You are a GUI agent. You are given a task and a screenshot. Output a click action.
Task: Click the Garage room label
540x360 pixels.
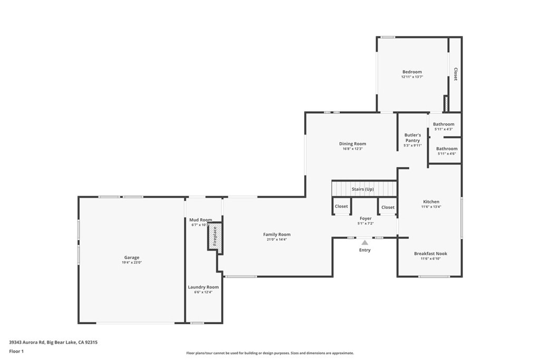131,257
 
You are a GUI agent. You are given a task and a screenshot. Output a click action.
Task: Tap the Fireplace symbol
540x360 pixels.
215,236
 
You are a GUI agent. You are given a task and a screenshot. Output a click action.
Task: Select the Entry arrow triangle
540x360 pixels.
365,242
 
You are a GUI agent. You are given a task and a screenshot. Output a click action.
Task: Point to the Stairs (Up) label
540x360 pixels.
363,189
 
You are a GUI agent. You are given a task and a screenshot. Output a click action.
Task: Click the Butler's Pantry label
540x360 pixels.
412,138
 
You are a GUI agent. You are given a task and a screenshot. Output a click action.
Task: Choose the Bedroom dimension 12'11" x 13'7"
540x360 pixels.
412,77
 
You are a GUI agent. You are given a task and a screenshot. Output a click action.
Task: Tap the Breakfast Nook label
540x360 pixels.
430,254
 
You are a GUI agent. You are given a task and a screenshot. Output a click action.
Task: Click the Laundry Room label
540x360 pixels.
203,287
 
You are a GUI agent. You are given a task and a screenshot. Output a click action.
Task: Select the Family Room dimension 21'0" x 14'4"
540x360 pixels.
276,239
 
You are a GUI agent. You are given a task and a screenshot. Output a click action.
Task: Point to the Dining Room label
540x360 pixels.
353,144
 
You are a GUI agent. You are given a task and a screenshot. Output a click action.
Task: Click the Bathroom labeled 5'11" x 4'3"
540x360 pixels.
443,124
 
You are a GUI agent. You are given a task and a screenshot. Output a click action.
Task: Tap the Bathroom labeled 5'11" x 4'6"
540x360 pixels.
447,149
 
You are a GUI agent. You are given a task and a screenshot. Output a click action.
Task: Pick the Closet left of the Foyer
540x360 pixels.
341,206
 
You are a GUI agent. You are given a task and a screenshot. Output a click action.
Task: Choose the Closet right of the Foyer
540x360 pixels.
388,207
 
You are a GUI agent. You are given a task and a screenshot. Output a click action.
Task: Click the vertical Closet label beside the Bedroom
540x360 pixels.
455,74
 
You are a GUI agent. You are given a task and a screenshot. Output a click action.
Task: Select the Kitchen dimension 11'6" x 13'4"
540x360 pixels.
431,207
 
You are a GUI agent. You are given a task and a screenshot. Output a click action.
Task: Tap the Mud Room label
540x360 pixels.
200,220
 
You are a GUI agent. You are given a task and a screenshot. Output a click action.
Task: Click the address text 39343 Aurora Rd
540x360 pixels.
27,343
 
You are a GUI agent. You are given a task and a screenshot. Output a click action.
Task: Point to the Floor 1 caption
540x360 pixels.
16,352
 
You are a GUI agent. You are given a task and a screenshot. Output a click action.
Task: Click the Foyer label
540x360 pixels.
365,219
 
